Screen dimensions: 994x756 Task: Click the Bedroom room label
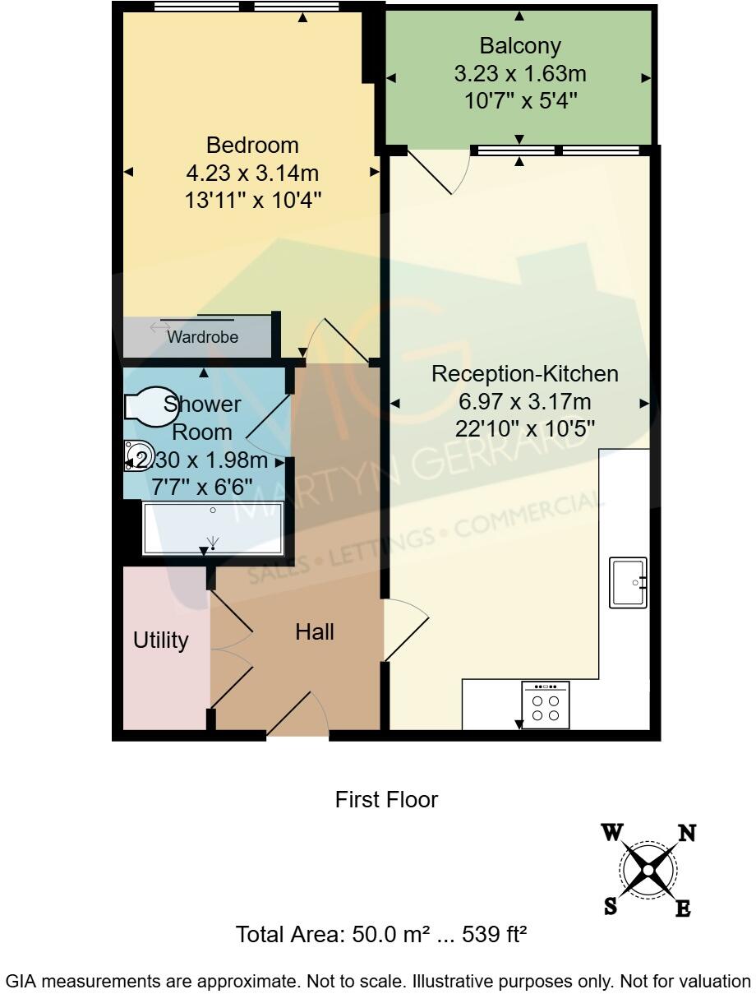coord(252,146)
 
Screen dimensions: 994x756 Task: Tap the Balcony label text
coord(519,46)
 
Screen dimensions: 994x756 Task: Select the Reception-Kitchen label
coord(524,374)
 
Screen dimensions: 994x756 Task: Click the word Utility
coord(161,640)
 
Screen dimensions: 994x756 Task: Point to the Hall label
coord(315,631)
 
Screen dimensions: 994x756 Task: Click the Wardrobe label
coord(202,337)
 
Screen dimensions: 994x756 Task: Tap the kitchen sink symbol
coord(629,582)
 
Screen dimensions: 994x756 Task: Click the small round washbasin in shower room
coord(133,455)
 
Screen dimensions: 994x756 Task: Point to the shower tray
coord(213,529)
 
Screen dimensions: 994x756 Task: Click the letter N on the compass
coord(686,834)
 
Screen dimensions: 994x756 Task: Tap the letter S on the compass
coord(611,906)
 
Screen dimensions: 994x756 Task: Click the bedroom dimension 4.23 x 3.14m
coord(252,173)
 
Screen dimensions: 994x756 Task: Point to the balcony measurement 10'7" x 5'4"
coord(519,101)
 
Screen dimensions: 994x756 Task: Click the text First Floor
coord(386,799)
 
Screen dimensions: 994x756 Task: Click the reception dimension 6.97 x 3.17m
coord(524,402)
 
